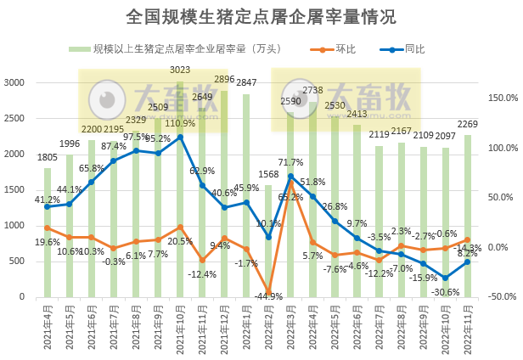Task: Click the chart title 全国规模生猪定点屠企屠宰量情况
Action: [261, 17]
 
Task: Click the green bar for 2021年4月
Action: [48, 233]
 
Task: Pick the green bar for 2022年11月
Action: [467, 217]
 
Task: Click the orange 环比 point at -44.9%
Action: [268, 293]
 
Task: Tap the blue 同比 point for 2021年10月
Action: [180, 137]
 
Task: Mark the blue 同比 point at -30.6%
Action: [445, 278]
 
